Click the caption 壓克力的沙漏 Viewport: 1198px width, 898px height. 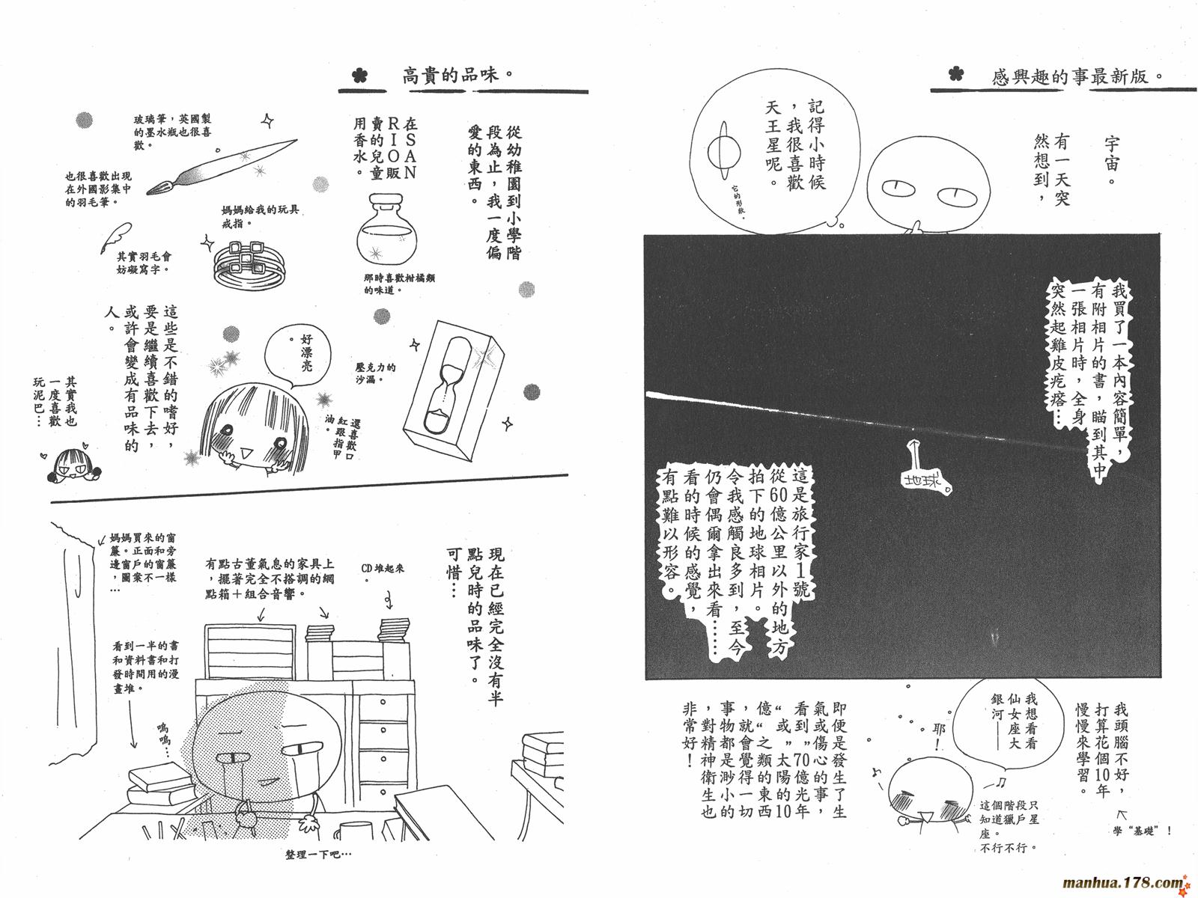tap(375, 373)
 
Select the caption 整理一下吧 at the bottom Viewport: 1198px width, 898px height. tap(318, 855)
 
